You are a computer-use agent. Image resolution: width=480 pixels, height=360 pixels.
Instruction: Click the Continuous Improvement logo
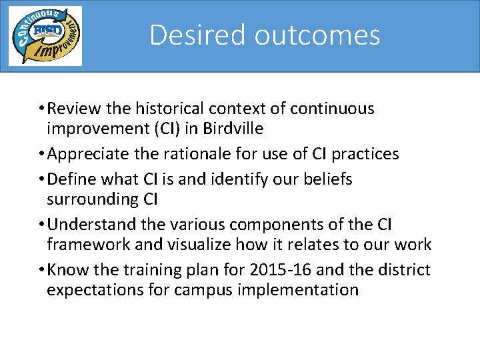coord(45,36)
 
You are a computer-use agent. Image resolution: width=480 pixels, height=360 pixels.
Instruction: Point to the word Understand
coord(91,225)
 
